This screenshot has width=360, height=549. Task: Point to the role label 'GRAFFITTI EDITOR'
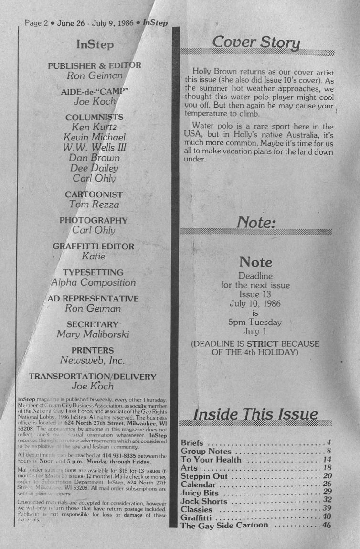[x=93, y=247]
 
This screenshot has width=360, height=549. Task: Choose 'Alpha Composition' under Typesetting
[x=93, y=282]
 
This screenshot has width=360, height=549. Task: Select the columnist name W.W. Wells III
[x=95, y=147]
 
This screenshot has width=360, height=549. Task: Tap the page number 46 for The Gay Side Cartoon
[x=327, y=526]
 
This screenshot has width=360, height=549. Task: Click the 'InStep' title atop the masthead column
[x=95, y=45]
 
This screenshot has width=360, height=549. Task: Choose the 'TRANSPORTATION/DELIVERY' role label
[x=93, y=377]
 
